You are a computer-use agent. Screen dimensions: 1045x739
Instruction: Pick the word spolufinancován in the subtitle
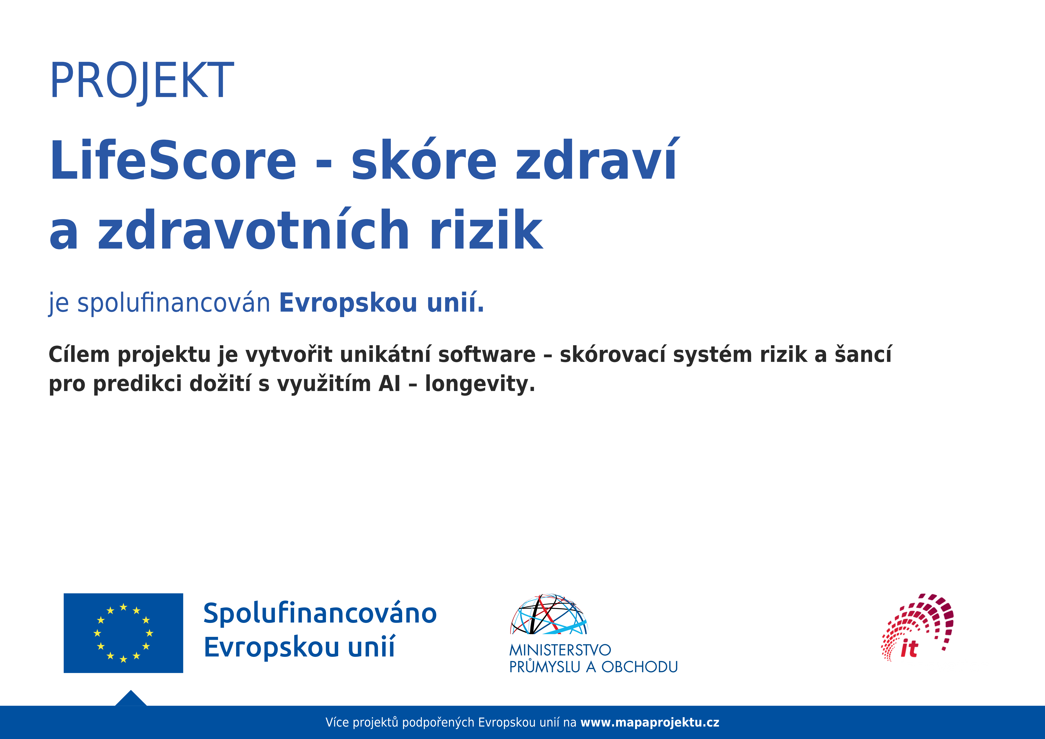point(174,303)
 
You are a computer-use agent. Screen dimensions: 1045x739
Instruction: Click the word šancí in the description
point(863,355)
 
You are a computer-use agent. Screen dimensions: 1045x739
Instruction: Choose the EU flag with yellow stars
point(123,633)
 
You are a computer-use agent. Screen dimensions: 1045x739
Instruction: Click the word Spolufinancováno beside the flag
point(320,613)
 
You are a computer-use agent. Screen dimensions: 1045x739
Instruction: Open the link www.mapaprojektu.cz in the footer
point(650,723)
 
